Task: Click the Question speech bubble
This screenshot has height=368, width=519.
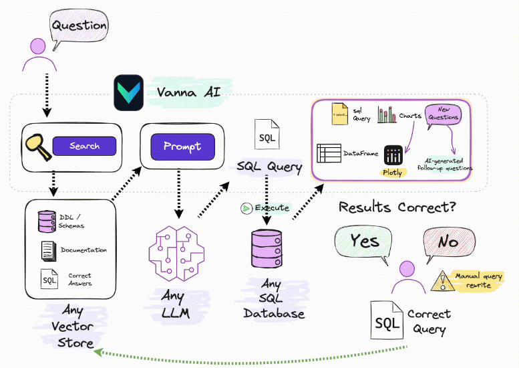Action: [78, 27]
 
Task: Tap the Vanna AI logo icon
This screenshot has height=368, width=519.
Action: [128, 92]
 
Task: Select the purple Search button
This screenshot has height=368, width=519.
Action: [84, 146]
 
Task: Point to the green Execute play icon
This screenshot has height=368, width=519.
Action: [246, 208]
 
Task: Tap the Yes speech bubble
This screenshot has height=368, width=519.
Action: [364, 242]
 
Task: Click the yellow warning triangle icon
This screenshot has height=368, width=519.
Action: [441, 281]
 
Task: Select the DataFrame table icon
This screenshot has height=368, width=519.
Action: [329, 153]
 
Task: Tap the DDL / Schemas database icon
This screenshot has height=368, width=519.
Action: [47, 221]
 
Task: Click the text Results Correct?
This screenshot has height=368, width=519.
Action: [397, 206]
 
